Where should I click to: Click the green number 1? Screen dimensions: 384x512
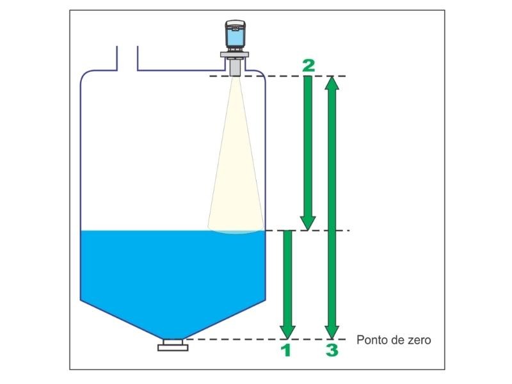(x=287, y=349)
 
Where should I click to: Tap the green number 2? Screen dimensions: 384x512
(x=308, y=65)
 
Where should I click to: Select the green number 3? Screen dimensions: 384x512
(x=332, y=349)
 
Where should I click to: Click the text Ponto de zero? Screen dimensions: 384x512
(x=393, y=340)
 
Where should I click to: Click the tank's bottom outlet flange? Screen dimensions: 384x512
(x=173, y=346)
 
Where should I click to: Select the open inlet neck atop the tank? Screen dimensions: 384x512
(x=127, y=59)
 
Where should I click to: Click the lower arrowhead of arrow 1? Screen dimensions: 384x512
(x=287, y=330)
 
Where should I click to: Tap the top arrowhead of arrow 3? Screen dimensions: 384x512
(x=332, y=84)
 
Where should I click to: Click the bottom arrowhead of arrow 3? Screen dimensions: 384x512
(x=332, y=330)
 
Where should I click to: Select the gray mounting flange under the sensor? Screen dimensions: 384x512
(x=236, y=58)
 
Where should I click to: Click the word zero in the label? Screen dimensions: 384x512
(x=419, y=340)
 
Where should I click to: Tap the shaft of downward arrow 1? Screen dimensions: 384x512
(x=287, y=275)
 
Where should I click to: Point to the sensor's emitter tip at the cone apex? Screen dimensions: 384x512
(x=236, y=72)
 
